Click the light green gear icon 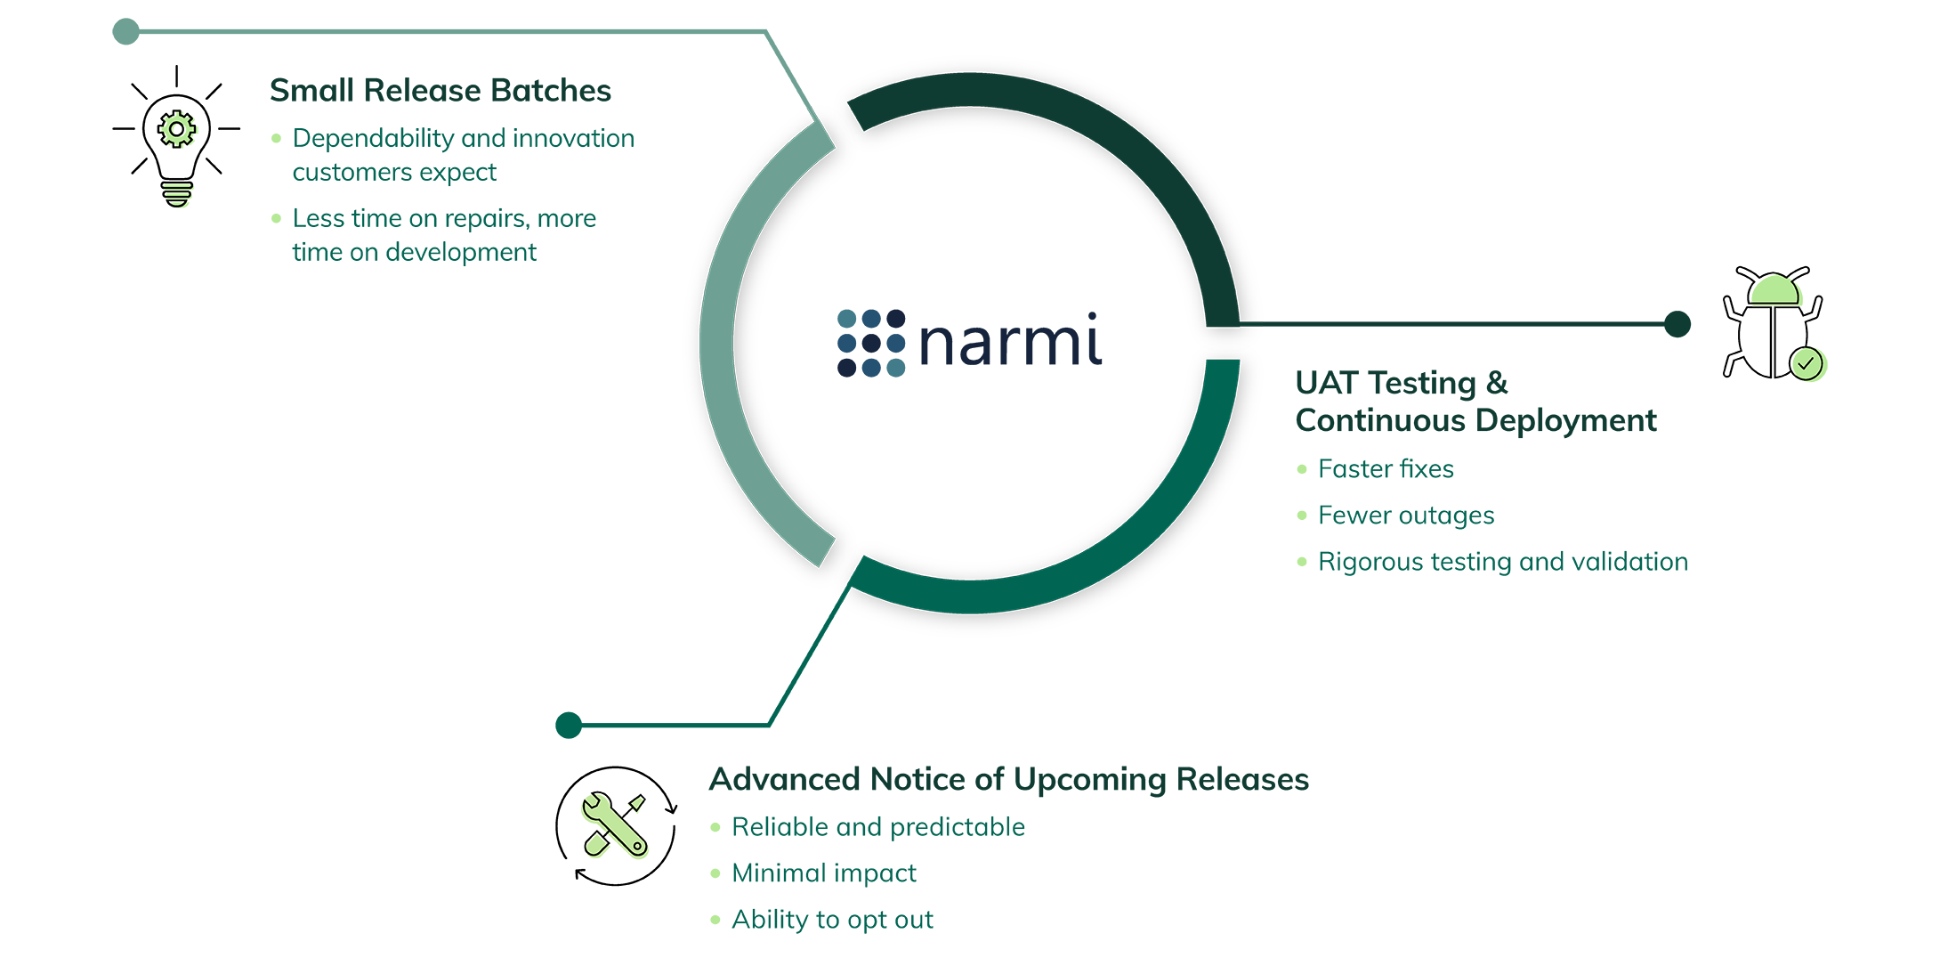click(181, 131)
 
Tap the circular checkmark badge click(1807, 363)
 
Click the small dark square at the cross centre click(871, 344)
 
